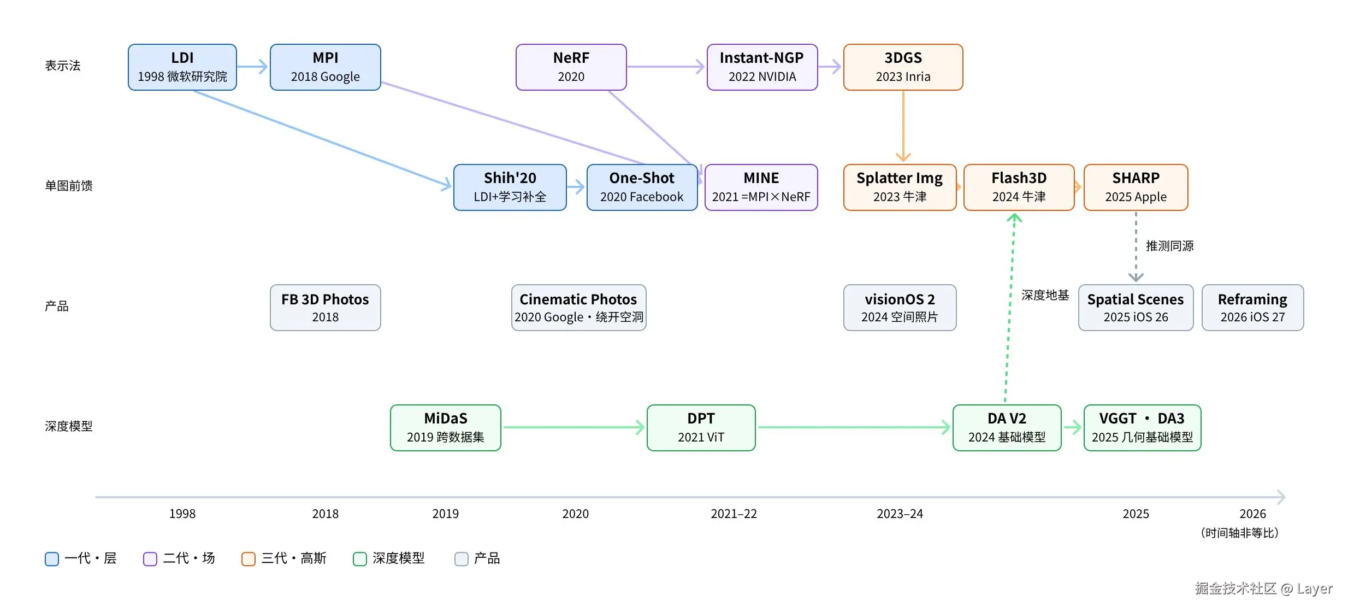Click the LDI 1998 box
182,67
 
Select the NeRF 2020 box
571,67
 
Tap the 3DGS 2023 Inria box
903,67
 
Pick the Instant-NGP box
762,67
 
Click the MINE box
761,187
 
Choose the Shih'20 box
510,187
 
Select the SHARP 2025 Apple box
1136,187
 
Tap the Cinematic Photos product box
578,308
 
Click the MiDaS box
445,428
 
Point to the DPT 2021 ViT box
701,428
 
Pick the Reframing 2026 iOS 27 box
1252,308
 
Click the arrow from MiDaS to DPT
574,427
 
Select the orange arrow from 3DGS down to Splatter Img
903,126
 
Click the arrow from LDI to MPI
253,67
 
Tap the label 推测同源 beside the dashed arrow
1169,246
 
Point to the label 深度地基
1045,295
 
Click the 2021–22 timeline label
734,514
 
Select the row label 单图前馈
69,186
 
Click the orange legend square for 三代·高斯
249,559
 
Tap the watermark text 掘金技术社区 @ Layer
1263,589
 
